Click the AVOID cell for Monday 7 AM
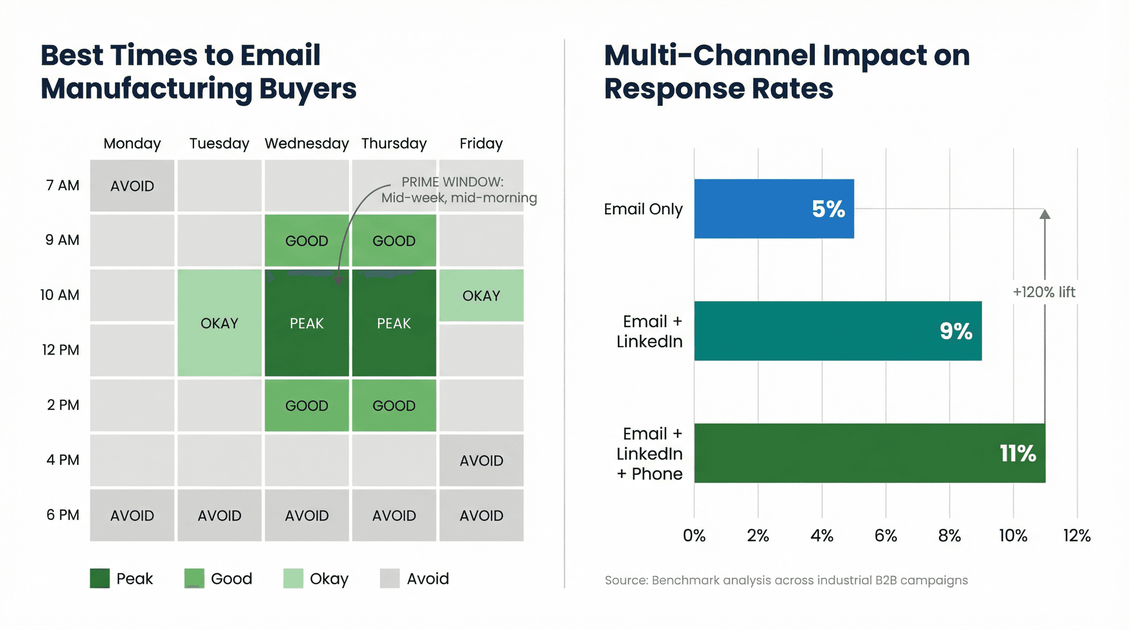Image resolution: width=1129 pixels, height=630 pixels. click(132, 186)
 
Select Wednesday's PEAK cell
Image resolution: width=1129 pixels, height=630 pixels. click(306, 323)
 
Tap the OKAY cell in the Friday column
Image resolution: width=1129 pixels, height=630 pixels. click(481, 296)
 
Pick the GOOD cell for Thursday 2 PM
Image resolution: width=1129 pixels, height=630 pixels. click(393, 406)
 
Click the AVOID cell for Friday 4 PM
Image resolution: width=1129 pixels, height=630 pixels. click(481, 461)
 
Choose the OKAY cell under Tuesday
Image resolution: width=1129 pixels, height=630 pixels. click(219, 323)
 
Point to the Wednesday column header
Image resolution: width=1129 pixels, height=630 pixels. click(306, 144)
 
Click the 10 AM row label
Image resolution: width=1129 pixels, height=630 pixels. click(59, 295)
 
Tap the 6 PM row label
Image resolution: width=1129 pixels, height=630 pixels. click(63, 515)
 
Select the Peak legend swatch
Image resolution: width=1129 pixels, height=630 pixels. click(100, 578)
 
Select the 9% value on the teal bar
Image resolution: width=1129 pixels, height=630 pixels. click(955, 331)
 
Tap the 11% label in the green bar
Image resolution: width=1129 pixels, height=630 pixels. click(1017, 454)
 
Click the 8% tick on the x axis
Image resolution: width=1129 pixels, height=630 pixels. click(949, 535)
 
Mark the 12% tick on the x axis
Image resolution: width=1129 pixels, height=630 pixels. click(1076, 535)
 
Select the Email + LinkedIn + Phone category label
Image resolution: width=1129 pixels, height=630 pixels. click(649, 454)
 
